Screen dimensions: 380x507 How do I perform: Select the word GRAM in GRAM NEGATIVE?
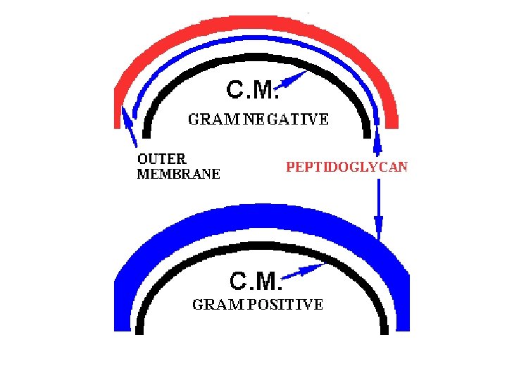[x=211, y=120]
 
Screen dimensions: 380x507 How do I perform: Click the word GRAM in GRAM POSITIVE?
[x=215, y=305]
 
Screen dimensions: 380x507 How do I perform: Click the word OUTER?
[x=161, y=159]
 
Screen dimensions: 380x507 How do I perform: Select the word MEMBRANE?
[x=178, y=174]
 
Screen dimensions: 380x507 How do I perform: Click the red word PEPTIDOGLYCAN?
[x=346, y=167]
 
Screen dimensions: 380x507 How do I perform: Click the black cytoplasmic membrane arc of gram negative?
[x=254, y=58]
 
